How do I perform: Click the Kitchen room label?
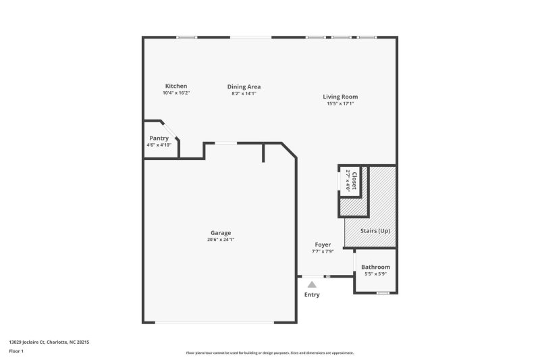click(176, 86)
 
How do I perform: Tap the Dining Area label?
click(244, 86)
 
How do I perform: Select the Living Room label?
click(340, 97)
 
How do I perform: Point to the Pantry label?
click(159, 138)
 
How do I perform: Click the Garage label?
click(221, 232)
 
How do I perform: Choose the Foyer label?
click(323, 245)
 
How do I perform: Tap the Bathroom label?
click(375, 267)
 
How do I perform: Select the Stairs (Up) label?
click(375, 231)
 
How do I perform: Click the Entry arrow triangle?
click(312, 285)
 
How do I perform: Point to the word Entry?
click(312, 295)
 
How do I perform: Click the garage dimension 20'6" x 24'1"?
click(221, 239)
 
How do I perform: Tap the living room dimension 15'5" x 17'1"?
click(340, 103)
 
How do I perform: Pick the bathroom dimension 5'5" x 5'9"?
click(375, 274)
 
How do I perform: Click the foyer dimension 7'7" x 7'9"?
click(323, 251)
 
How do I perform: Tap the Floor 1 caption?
click(16, 351)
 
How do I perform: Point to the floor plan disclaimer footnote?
click(269, 353)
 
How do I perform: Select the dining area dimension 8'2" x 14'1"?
click(244, 93)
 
